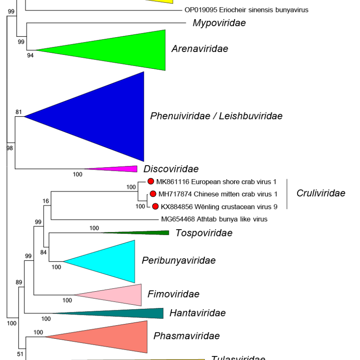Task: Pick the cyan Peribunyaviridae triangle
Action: [112, 262]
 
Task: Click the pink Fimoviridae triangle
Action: [120, 295]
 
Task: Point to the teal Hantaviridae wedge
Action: [132, 314]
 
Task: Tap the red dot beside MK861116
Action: [151, 181]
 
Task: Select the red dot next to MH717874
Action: [153, 194]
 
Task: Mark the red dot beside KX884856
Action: [155, 206]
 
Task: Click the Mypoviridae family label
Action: [219, 23]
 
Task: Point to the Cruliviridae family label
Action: [321, 194]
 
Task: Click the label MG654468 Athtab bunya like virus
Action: [214, 219]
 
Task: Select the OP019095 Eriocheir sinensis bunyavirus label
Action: [246, 10]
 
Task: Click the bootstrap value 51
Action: [20, 354]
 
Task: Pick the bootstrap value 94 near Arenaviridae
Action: [30, 56]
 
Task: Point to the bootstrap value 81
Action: [18, 112]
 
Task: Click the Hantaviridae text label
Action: [198, 313]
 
